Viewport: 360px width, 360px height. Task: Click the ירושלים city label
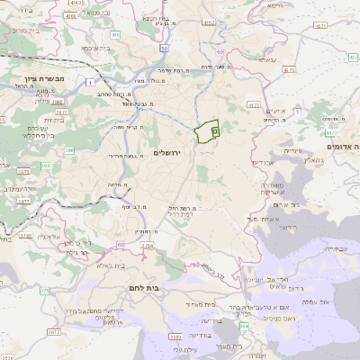click(x=167, y=154)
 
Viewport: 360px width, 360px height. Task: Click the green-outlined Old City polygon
click(x=207, y=131)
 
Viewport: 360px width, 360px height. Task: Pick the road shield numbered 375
click(x=44, y=290)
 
